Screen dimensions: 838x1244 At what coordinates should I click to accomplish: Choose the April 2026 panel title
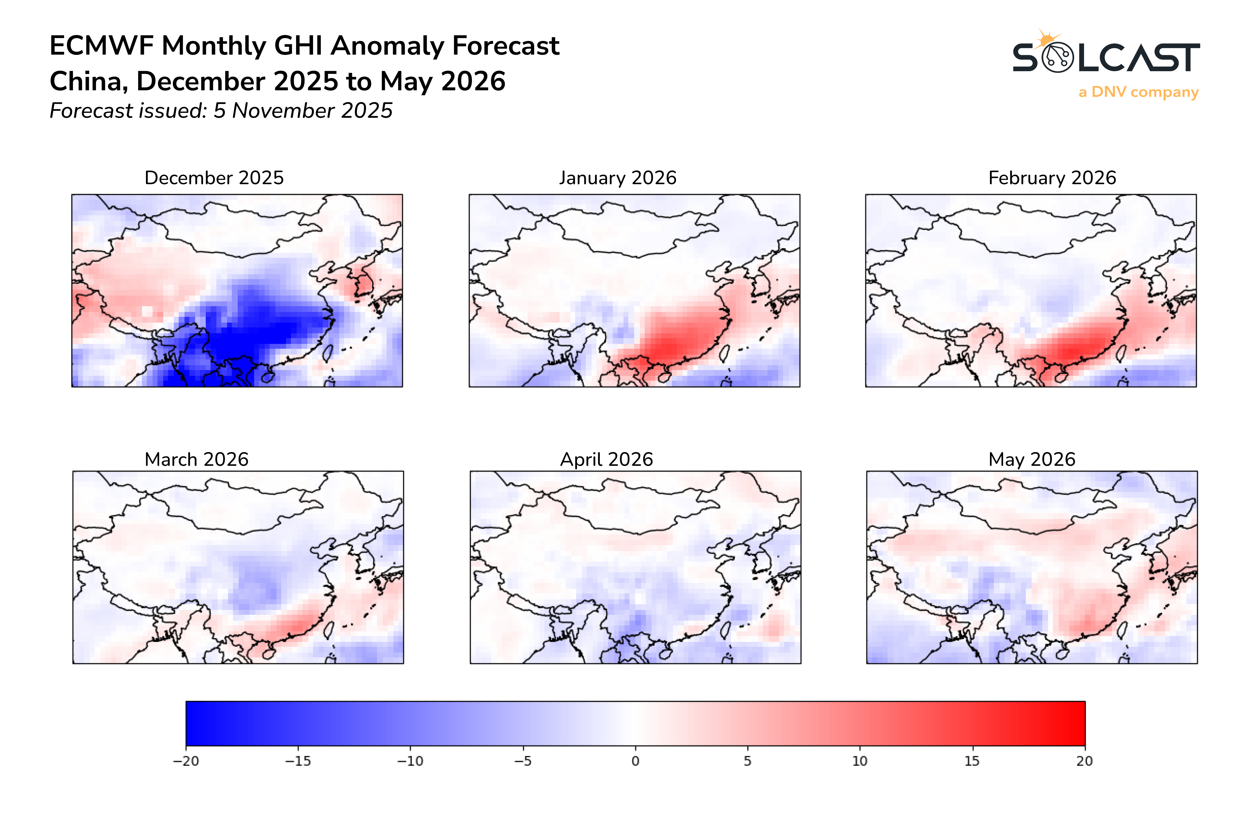click(x=606, y=459)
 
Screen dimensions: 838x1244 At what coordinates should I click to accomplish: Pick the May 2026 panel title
click(x=1031, y=459)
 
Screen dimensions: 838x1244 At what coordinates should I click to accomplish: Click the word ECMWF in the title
click(x=102, y=46)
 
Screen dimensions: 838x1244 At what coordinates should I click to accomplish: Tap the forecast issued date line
click(x=221, y=111)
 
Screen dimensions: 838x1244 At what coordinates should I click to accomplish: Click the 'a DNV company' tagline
click(x=1138, y=92)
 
